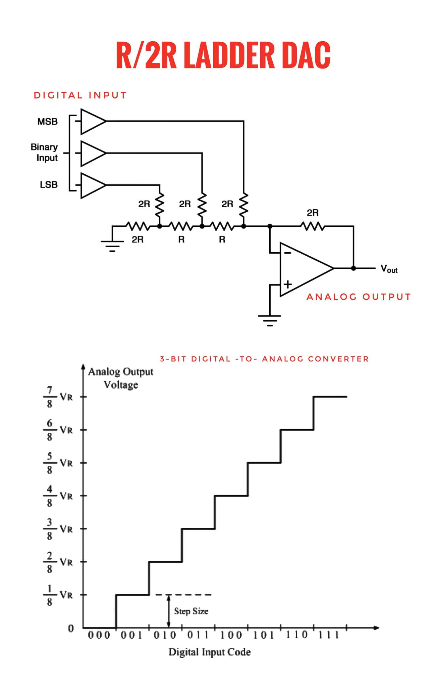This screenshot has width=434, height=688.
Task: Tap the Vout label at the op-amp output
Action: click(x=389, y=269)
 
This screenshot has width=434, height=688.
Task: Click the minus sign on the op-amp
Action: click(x=287, y=253)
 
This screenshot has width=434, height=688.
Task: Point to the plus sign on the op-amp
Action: click(x=288, y=284)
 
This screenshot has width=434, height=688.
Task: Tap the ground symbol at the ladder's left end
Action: click(x=112, y=246)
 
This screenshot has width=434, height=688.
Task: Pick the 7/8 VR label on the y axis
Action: click(x=58, y=397)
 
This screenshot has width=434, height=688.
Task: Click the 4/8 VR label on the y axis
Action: click(x=58, y=496)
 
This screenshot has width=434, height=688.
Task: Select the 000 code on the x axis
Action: click(x=99, y=635)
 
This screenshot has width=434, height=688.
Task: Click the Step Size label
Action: click(x=191, y=611)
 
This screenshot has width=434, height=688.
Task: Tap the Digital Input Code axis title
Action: click(x=210, y=652)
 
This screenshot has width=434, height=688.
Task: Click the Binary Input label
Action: click(x=44, y=153)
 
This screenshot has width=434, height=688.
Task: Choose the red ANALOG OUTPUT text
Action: click(x=359, y=297)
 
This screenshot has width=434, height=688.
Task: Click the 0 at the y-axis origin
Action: click(x=71, y=628)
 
